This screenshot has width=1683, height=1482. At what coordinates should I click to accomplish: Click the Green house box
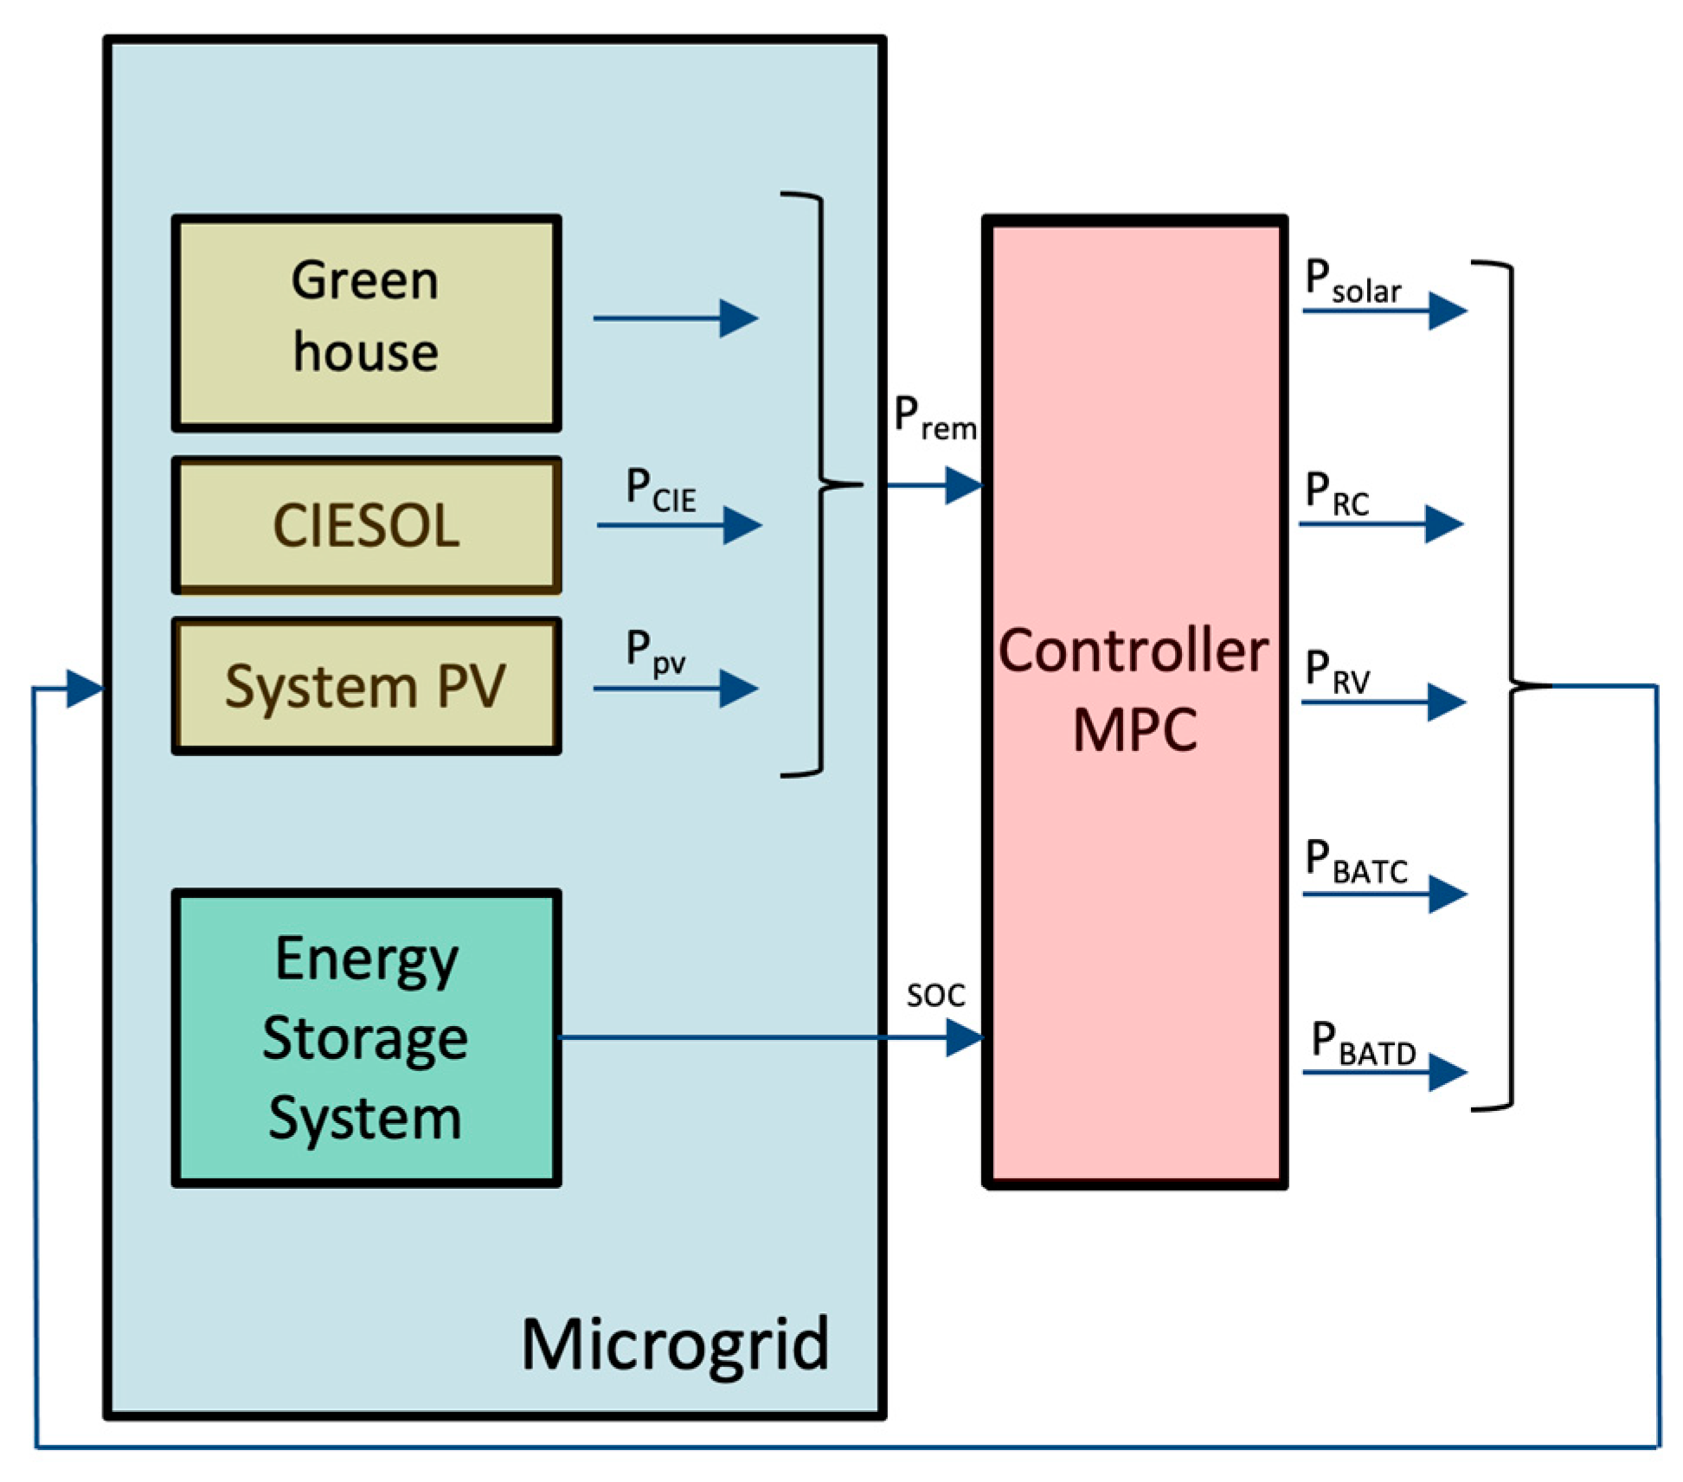tap(366, 322)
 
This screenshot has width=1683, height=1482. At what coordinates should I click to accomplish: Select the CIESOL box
tap(366, 525)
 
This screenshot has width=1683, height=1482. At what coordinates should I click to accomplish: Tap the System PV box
tap(366, 686)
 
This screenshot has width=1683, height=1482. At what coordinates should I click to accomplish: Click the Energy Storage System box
tap(366, 1037)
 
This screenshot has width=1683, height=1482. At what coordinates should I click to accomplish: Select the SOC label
tap(935, 996)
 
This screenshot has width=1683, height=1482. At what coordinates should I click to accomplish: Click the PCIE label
tap(660, 491)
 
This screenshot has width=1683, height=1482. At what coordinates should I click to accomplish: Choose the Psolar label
tap(1352, 283)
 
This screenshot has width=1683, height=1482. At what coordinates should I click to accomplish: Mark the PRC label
tap(1337, 495)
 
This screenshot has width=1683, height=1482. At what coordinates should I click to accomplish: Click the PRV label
tap(1337, 672)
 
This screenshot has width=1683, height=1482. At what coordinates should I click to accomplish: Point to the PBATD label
tap(1363, 1043)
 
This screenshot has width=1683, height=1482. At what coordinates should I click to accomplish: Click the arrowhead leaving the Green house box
tap(738, 318)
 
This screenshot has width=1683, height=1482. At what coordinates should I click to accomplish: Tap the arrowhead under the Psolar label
tap(1447, 311)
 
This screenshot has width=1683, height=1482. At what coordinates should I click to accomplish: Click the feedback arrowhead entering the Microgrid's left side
tap(85, 689)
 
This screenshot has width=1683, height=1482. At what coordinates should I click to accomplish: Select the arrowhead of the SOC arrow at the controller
tap(964, 1037)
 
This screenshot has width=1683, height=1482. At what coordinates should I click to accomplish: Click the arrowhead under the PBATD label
tap(1447, 1073)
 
